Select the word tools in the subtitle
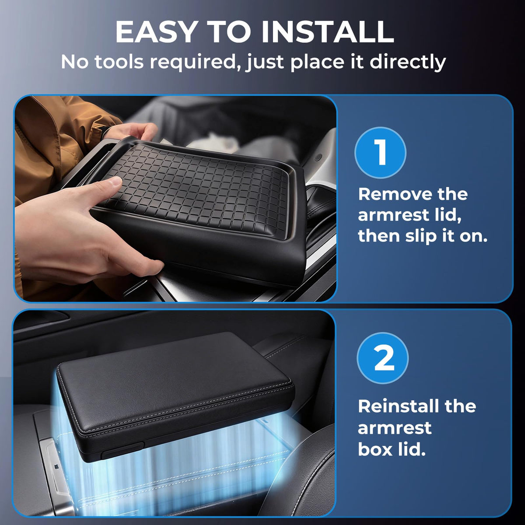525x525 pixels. point(119,62)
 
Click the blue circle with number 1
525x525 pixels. point(380,153)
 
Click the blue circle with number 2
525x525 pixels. point(382,358)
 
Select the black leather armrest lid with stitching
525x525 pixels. point(175,392)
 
